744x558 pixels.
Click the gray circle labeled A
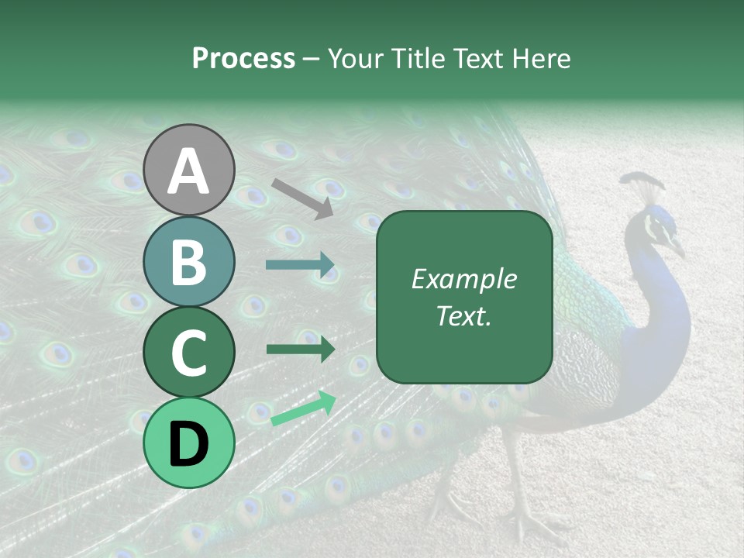(189, 170)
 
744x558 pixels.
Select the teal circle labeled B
(189, 262)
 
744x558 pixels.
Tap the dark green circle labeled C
(189, 353)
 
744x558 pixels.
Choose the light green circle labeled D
(189, 442)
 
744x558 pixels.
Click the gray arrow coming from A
(302, 198)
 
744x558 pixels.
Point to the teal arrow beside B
(300, 265)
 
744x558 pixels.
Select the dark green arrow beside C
(300, 350)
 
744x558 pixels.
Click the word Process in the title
(243, 58)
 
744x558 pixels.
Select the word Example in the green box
(463, 279)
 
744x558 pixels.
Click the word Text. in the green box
(463, 316)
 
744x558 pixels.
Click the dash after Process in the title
(312, 59)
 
